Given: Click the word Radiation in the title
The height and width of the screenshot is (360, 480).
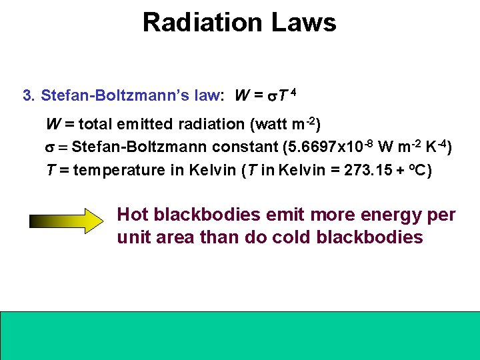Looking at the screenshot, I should coord(199,23).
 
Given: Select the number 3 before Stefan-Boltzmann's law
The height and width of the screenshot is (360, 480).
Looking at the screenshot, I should coord(27,95).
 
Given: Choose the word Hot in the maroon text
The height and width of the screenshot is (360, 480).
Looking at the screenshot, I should coord(133,215).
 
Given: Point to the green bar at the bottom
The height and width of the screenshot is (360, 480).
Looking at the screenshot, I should coord(240,335).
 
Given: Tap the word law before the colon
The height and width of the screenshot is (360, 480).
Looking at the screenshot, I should coord(207,95).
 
